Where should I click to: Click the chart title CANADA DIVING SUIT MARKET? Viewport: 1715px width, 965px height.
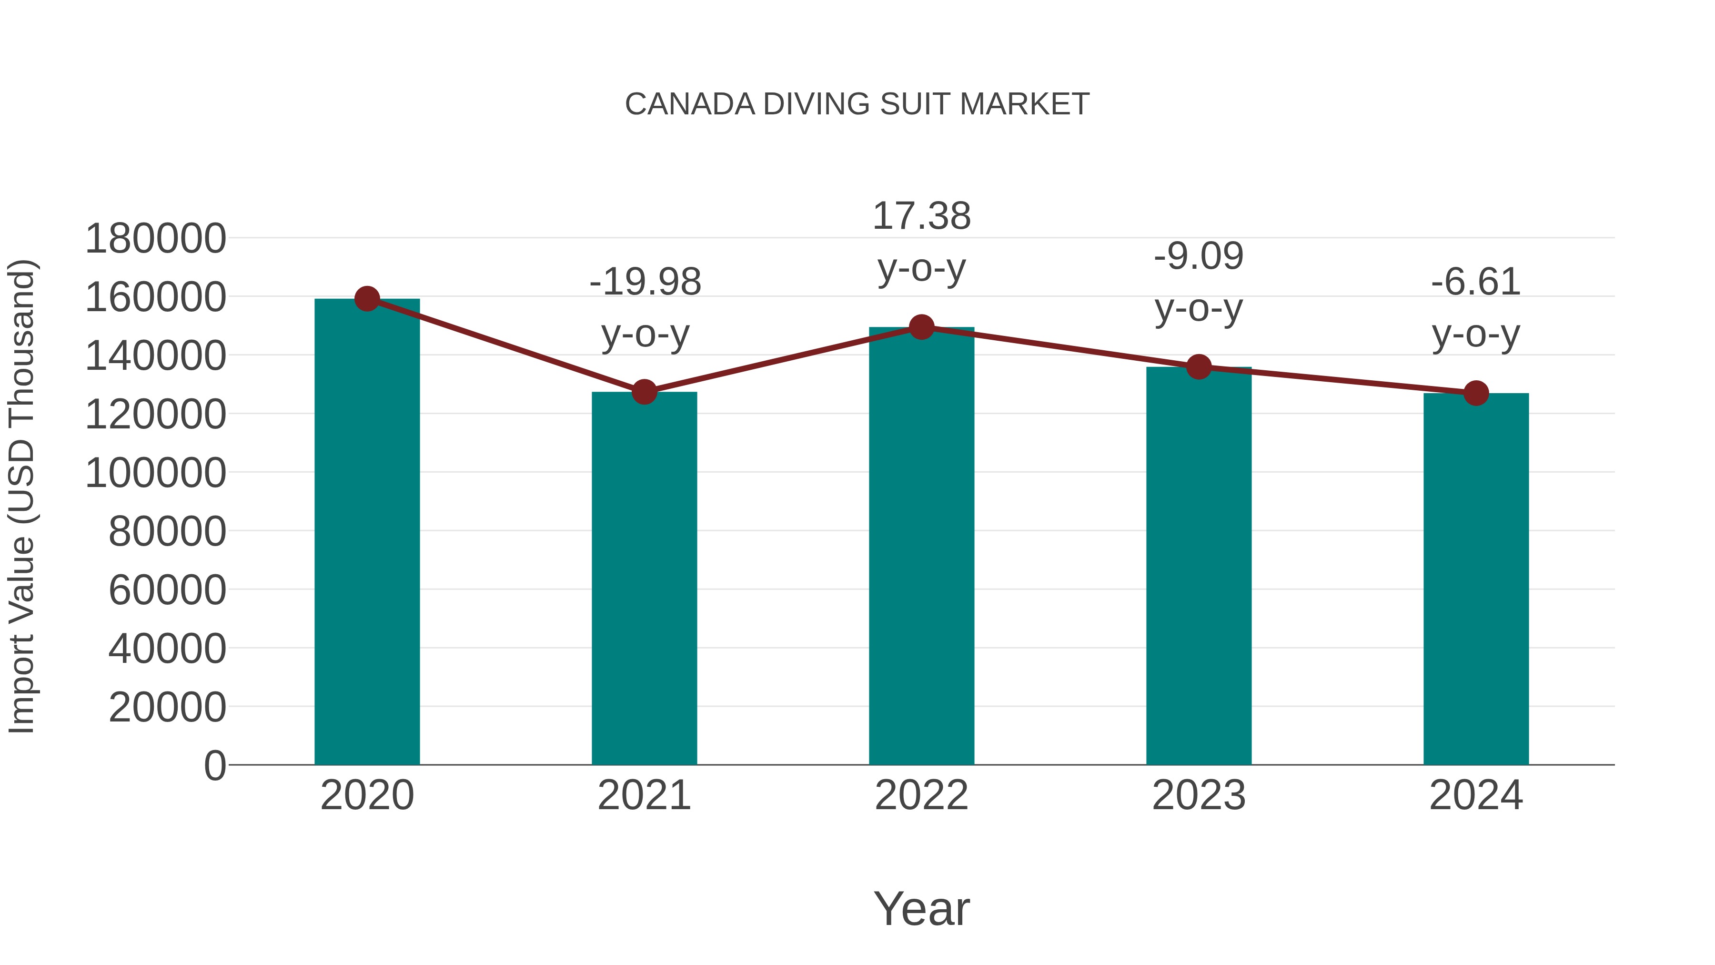857,104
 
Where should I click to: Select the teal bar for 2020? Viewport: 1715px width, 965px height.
367,533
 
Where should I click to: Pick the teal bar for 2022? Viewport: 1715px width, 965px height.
921,546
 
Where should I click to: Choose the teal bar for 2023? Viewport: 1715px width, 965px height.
1199,566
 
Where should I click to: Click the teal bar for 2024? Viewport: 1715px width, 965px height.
1476,579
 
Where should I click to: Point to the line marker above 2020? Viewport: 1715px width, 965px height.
367,299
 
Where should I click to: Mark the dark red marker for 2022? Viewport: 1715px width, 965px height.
921,327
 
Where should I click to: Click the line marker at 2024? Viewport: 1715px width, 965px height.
1476,394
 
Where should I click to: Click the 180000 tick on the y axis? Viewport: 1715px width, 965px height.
155,238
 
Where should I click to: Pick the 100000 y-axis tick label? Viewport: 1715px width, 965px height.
155,473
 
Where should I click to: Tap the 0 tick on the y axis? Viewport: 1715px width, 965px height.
214,765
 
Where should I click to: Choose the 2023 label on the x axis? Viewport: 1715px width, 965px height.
1199,795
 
